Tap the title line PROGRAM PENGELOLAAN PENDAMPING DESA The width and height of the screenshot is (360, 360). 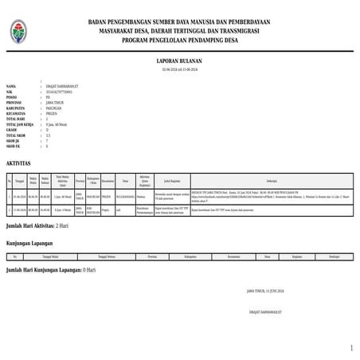(x=180, y=37)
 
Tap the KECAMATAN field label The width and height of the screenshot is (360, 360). (x=16, y=113)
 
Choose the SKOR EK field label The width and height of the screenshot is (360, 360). (x=13, y=147)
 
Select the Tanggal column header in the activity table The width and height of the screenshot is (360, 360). (x=18, y=181)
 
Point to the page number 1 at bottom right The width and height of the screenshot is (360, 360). (x=351, y=349)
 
